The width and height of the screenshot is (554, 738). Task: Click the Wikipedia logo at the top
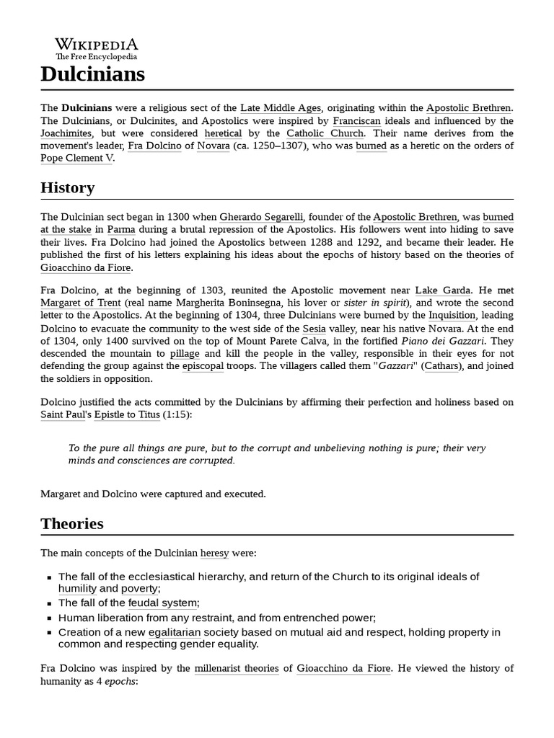coord(97,48)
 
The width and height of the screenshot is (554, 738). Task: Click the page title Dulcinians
coord(92,74)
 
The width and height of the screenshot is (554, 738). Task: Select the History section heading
coord(67,188)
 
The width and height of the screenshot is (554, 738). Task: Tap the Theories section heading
coord(71,524)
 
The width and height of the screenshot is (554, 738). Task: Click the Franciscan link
coord(356,120)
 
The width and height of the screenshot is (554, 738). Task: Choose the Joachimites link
coord(66,133)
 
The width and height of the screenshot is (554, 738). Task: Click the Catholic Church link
coord(325,133)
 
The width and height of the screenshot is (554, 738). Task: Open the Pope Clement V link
coord(76,158)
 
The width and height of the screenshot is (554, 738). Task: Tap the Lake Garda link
coord(444,290)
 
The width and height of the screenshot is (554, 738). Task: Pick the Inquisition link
coord(452,315)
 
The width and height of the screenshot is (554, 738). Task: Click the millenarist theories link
coord(237,668)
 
